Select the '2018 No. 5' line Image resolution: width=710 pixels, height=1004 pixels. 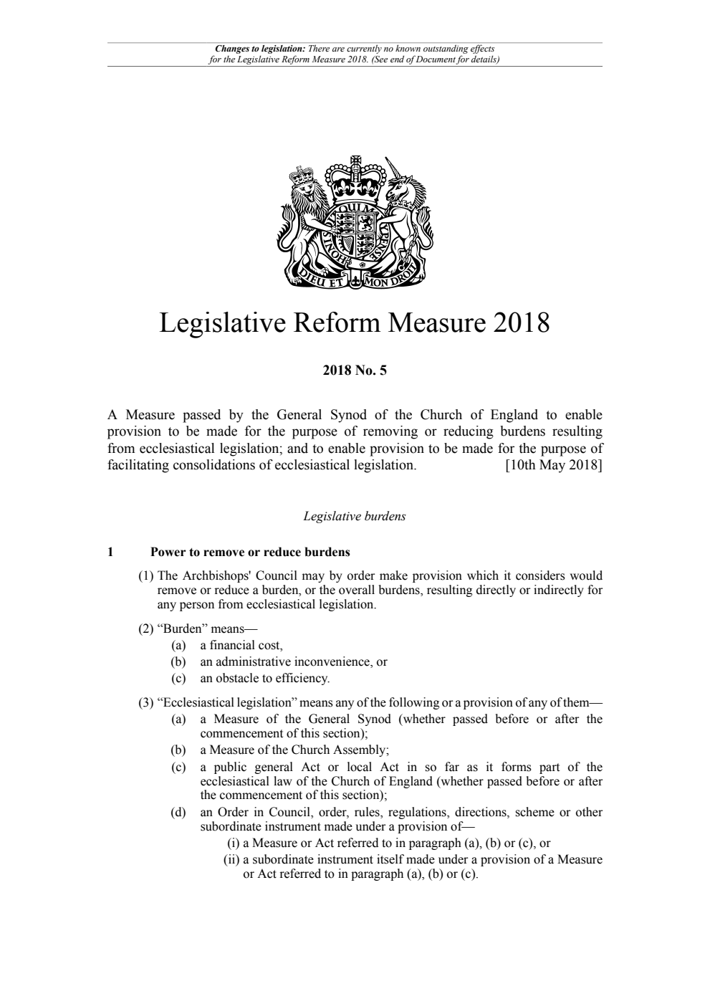point(355,370)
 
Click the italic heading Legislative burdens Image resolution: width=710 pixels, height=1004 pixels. point(355,516)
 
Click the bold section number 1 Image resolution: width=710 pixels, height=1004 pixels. point(110,553)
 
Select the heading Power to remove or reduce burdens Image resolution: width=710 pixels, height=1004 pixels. point(250,553)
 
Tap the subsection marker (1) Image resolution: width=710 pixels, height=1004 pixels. point(146,575)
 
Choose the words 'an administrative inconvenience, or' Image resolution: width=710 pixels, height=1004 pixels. point(293,661)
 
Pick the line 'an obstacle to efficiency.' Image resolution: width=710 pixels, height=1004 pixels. point(265,677)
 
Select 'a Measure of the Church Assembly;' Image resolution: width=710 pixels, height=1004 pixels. point(294,750)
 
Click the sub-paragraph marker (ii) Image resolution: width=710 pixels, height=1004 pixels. point(232,859)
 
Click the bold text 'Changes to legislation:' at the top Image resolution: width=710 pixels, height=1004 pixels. point(260,49)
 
